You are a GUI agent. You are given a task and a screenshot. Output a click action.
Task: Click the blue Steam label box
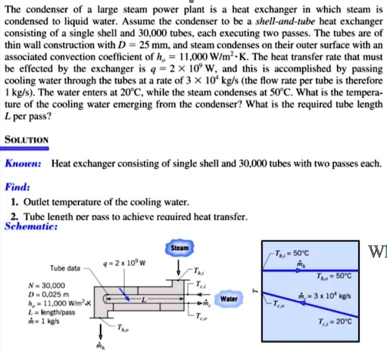tap(179, 248)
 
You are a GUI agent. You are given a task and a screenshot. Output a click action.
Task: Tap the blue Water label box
tap(228, 299)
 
